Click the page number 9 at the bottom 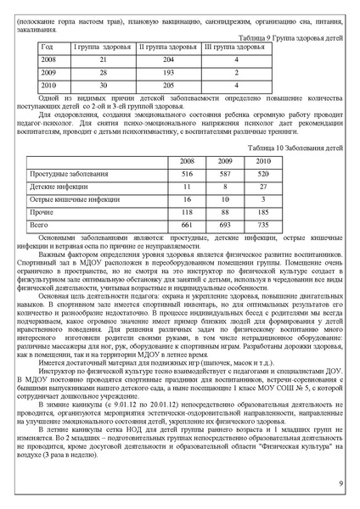[340, 484]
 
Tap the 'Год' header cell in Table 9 [48, 48]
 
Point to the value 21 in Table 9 [103, 60]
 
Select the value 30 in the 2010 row [103, 86]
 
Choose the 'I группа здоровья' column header [103, 48]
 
